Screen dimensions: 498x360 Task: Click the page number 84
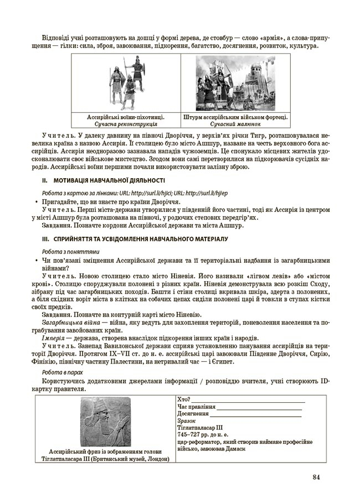316,477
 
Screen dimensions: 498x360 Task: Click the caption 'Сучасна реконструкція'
126,125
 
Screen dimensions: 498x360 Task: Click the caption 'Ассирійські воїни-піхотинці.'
126,118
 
